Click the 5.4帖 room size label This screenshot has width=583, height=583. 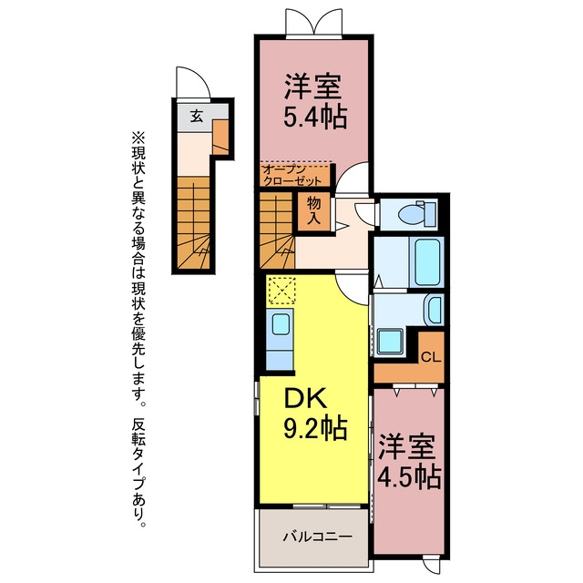click(315, 117)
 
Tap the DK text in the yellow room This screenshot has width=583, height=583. click(306, 399)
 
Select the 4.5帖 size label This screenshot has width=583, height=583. click(409, 476)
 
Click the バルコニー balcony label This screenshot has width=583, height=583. click(318, 537)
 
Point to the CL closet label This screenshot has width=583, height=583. click(431, 358)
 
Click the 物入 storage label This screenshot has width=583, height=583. click(314, 210)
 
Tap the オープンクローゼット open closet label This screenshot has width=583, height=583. click(291, 175)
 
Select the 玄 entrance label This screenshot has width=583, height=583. click(197, 117)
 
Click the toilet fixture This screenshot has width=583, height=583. click(417, 213)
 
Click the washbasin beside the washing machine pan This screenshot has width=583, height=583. click(434, 310)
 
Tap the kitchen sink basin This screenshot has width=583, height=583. click(281, 324)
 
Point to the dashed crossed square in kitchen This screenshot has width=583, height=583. click(281, 290)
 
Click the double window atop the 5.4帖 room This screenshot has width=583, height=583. click(313, 23)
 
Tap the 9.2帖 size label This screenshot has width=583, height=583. click(315, 428)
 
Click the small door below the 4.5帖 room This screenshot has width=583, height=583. click(431, 564)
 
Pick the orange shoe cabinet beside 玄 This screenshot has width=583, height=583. click(220, 137)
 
